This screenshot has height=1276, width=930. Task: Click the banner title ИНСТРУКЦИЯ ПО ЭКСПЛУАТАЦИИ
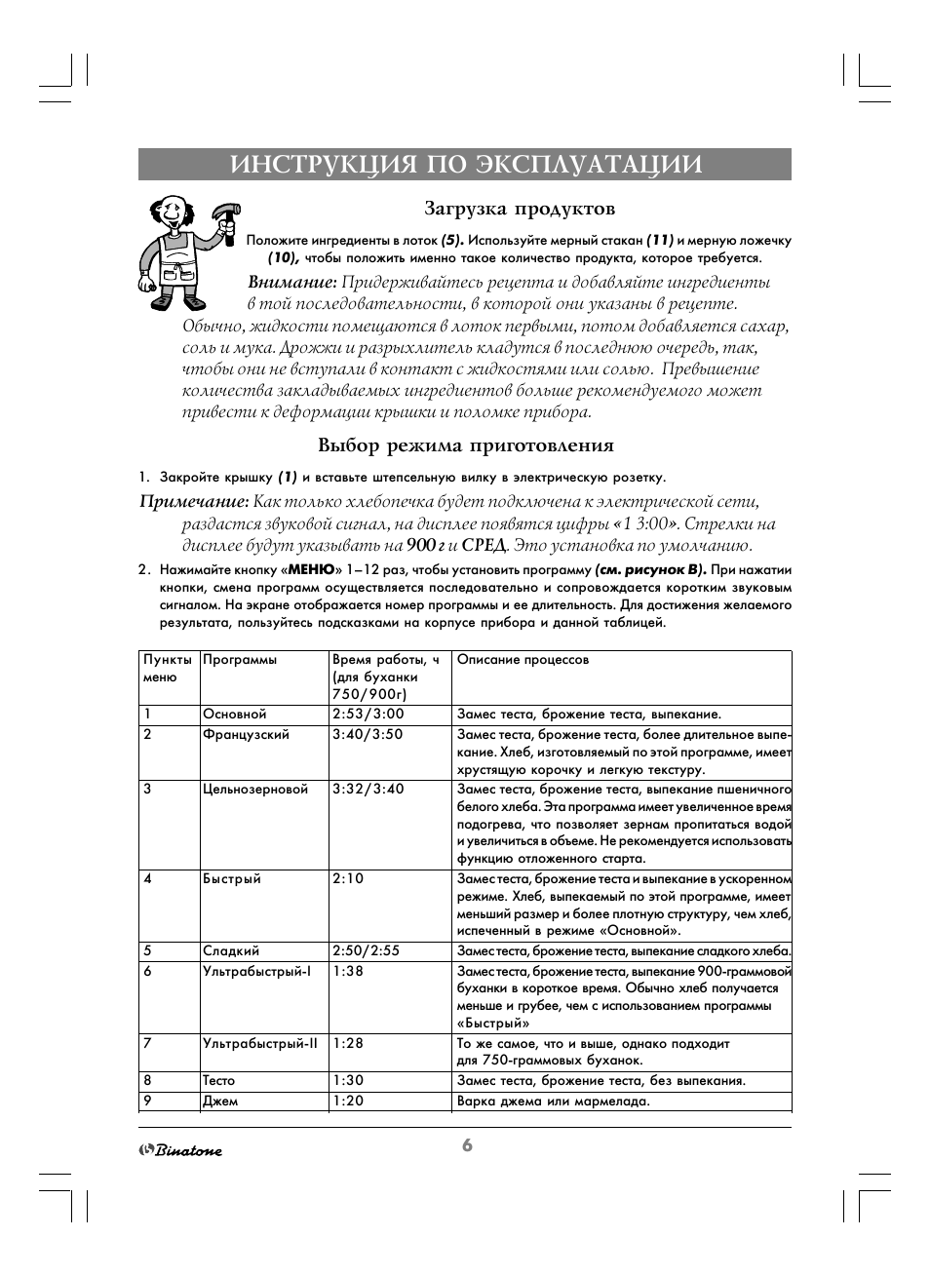tap(466, 165)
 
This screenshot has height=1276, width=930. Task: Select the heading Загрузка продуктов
tap(519, 209)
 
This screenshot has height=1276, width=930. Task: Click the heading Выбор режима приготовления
tap(466, 445)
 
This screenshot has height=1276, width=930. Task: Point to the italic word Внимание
tap(291, 282)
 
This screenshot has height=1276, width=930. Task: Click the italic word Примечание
tap(194, 501)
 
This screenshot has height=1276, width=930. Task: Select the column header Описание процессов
tap(523, 660)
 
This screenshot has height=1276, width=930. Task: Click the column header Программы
tap(240, 660)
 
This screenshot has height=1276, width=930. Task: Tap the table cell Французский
tap(246, 734)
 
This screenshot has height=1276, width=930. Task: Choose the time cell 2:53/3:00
tap(368, 714)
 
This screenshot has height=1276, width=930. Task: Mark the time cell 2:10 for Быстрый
tap(347, 878)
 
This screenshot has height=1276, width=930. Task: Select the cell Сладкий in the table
tap(231, 950)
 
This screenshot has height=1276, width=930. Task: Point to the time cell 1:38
tap(347, 971)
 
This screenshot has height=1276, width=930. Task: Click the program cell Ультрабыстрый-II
tap(260, 1043)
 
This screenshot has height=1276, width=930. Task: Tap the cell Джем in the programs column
tap(220, 1102)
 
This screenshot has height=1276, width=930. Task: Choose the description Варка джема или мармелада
tap(553, 1102)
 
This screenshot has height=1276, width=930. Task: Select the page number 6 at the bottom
tap(467, 1145)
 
